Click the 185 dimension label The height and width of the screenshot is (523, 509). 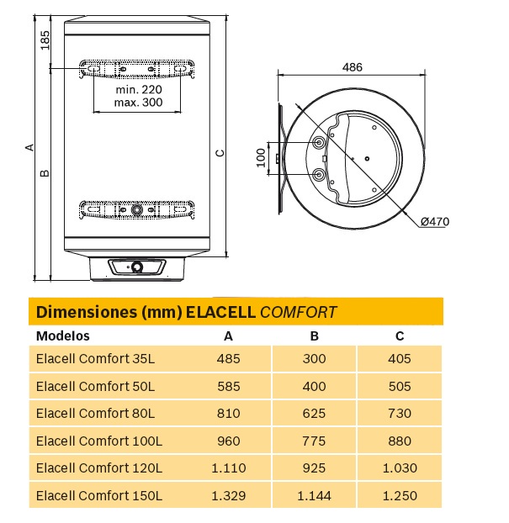(x=45, y=40)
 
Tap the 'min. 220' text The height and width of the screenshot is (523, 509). (x=139, y=89)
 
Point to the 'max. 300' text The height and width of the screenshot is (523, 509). (x=139, y=102)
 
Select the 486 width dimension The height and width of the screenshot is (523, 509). (x=353, y=67)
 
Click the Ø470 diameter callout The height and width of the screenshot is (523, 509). (x=435, y=221)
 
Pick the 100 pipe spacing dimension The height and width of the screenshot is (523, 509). (x=261, y=158)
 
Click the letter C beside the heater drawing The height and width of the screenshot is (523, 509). (x=220, y=153)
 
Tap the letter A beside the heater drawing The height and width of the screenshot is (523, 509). (x=29, y=147)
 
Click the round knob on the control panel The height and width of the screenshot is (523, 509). (x=137, y=267)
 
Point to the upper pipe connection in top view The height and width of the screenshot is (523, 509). (x=319, y=143)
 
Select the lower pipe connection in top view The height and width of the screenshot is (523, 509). (x=319, y=174)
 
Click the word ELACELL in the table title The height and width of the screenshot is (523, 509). (x=220, y=312)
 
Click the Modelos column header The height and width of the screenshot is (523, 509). (x=63, y=335)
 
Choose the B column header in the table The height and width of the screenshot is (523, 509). (x=314, y=336)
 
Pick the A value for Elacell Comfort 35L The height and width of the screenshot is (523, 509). (x=229, y=359)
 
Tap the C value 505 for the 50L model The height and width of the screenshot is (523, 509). (x=400, y=386)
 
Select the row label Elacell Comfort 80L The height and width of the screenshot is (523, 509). (x=95, y=413)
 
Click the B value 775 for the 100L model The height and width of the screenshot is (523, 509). (x=314, y=441)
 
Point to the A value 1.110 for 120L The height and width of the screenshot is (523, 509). (x=229, y=468)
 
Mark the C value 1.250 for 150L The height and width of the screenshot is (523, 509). (x=400, y=495)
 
